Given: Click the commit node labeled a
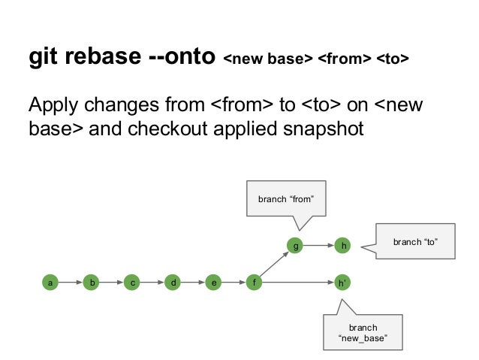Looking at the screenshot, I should pos(51,283).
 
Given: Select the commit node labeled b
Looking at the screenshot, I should pos(92,283).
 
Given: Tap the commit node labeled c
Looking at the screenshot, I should pos(133,283).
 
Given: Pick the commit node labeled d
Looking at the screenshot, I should pos(174,283).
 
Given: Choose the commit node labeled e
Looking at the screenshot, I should pos(215,283).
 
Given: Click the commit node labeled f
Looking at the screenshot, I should pos(255,283).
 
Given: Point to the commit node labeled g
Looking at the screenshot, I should pos(296,245).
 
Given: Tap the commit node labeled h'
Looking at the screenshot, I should pos(342,283).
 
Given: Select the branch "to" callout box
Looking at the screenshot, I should pos(415,241).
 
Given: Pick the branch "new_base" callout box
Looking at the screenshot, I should pos(363,333).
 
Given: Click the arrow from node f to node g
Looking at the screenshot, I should pos(275,265).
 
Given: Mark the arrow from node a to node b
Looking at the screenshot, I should pos(71,283).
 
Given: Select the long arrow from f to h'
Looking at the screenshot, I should pos(299,283).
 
